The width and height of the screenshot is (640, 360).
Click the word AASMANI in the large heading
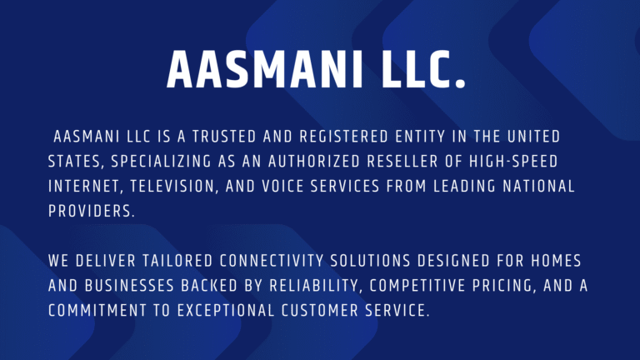[x=264, y=69]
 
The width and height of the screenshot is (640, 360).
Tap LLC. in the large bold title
[x=423, y=69]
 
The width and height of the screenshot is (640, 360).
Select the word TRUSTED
[x=224, y=137]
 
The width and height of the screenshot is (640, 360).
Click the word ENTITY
[x=420, y=137]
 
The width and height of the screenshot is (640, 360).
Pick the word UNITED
[x=534, y=137]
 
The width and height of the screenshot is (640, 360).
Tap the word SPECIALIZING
[x=161, y=162]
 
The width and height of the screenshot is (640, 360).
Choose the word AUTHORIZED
[x=314, y=162]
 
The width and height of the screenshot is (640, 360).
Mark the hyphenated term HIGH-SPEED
[x=513, y=162]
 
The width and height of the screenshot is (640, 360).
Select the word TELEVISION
[x=172, y=187]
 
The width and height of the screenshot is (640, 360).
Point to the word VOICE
[x=282, y=187]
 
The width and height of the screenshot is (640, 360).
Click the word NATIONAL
[x=539, y=187]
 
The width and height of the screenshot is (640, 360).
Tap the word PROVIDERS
[x=92, y=212]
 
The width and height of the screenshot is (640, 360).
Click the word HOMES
[x=556, y=261]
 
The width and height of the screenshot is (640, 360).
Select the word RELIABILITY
[x=316, y=286]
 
